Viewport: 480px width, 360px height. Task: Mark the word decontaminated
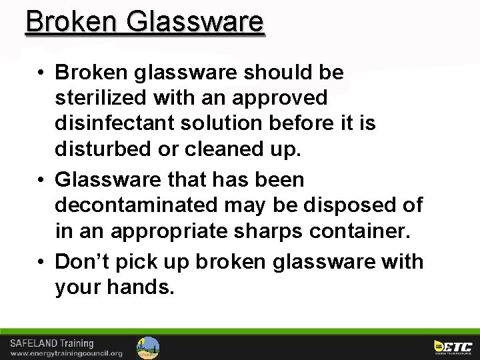click(136, 205)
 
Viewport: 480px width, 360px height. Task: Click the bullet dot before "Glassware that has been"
click(41, 180)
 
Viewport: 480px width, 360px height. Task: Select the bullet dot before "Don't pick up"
click(41, 262)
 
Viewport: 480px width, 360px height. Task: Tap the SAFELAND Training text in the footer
click(52, 343)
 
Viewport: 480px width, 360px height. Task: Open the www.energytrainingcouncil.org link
click(66, 353)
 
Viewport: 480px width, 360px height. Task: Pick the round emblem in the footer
click(148, 347)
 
